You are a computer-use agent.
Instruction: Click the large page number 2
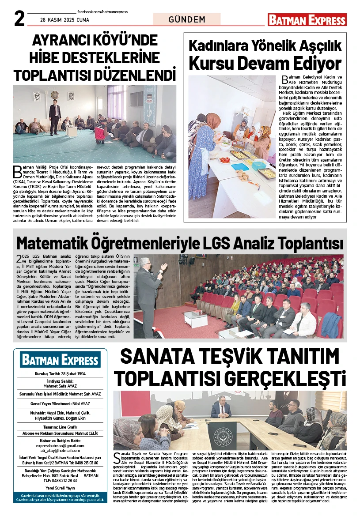coord(19,19)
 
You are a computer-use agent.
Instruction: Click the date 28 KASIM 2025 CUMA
coord(64,20)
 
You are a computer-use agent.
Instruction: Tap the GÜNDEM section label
coord(187,19)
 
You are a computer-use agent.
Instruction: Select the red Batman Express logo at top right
coord(307,20)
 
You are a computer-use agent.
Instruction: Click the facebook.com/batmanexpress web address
coord(102,12)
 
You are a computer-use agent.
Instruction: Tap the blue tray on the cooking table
coord(240,167)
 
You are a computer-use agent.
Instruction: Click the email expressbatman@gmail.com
coord(60,446)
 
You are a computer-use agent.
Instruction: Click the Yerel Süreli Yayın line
coord(60,488)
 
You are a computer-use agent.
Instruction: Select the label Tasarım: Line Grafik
coord(60,427)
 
